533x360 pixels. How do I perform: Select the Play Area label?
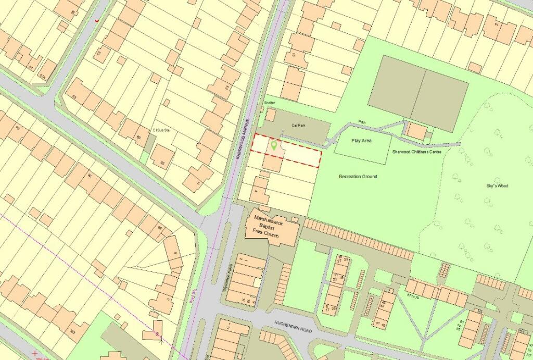[x=362, y=141]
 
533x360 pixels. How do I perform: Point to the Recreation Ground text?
[x=358, y=177]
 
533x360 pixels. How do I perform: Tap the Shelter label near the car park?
[x=269, y=103]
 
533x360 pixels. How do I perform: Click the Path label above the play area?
[x=362, y=122]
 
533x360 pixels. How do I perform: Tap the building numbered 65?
[x=163, y=157]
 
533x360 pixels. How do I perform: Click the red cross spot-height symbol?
[x=35, y=354]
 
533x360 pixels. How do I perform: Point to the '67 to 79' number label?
[x=416, y=296]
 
